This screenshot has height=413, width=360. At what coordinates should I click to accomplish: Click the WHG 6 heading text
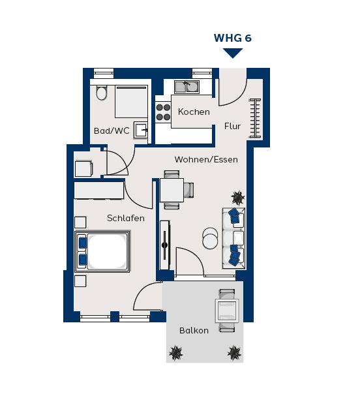pyautogui.click(x=233, y=38)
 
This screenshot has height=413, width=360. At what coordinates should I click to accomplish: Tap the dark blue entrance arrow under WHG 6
pyautogui.click(x=233, y=53)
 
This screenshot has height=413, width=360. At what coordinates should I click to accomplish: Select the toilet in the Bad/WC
pyautogui.click(x=101, y=93)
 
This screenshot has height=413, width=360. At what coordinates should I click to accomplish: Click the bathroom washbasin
pyautogui.click(x=141, y=130)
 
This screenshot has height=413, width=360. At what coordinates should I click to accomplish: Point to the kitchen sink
pyautogui.click(x=187, y=87)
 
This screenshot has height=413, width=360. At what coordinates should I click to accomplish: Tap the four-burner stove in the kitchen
pyautogui.click(x=163, y=112)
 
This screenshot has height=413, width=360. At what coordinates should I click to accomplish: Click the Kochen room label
pyautogui.click(x=194, y=112)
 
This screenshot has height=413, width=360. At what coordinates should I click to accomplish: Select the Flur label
pyautogui.click(x=233, y=126)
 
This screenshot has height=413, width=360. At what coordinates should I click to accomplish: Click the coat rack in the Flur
pyautogui.click(x=255, y=118)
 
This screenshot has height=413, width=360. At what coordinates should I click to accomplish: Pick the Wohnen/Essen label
pyautogui.click(x=206, y=159)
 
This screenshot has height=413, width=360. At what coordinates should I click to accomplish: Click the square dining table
pyautogui.click(x=172, y=190)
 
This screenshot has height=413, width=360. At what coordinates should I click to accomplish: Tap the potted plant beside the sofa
pyautogui.click(x=238, y=198)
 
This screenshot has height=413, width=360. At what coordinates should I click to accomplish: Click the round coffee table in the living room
pyautogui.click(x=210, y=238)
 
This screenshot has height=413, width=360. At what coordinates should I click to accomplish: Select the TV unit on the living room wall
pyautogui.click(x=165, y=245)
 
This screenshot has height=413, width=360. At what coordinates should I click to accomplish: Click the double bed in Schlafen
pyautogui.click(x=102, y=251)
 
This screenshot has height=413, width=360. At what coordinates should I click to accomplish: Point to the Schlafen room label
pyautogui.click(x=126, y=218)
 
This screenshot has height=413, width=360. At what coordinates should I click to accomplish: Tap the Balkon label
pyautogui.click(x=194, y=330)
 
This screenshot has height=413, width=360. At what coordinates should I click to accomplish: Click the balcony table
pyautogui.click(x=227, y=311)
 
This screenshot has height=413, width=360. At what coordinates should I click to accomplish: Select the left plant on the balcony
pyautogui.click(x=175, y=352)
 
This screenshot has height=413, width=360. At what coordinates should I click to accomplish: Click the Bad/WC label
pyautogui.click(x=112, y=130)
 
